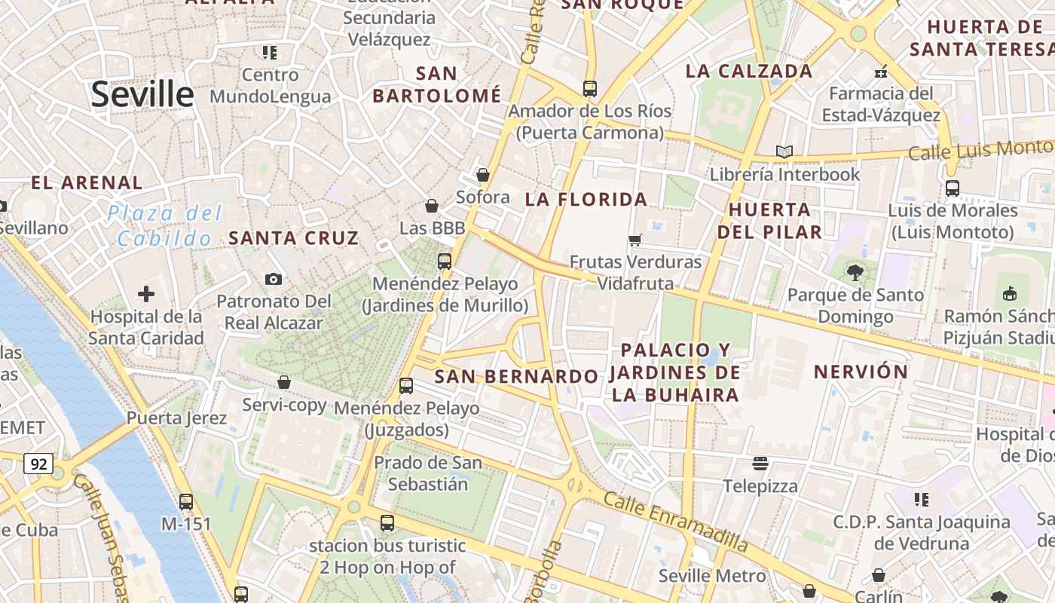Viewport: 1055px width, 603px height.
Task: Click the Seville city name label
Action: pos(142,94)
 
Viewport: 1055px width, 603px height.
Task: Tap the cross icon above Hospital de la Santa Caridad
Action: pos(146,294)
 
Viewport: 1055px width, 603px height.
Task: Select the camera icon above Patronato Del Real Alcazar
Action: pos(274,280)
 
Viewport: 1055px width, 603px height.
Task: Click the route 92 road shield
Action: pos(38,464)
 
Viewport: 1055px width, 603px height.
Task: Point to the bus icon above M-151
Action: pos(185,501)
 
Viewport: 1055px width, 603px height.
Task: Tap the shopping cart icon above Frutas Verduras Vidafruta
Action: pos(635,240)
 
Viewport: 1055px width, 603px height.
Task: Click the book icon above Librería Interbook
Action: pos(784,152)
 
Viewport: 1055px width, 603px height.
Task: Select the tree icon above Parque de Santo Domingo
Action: pos(855,272)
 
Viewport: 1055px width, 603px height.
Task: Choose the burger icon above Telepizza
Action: pos(760,463)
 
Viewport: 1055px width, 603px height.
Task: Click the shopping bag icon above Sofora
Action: pos(483,175)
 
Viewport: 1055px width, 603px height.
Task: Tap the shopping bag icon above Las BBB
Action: pos(432,205)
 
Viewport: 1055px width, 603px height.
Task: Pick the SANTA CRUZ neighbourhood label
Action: pos(293,238)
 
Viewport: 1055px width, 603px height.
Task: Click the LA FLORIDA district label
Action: pos(586,200)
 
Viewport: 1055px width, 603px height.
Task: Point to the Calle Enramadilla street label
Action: pos(675,522)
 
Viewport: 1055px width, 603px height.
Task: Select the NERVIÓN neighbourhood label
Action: pos(861,372)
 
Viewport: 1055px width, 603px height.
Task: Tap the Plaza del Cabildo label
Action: pos(164,225)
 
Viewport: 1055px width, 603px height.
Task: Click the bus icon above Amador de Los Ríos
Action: pos(589,89)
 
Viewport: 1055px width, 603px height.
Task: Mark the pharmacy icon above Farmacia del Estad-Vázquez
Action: pos(880,72)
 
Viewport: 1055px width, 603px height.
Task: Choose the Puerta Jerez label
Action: pos(176,418)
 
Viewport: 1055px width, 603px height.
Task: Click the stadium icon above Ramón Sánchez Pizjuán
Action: pos(1011,293)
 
